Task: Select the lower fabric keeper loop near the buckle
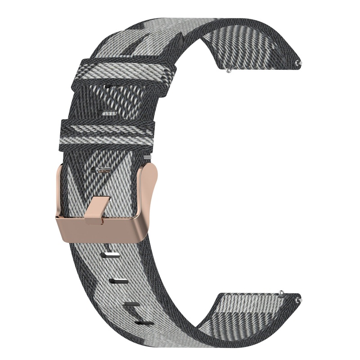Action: pyautogui.click(x=108, y=131)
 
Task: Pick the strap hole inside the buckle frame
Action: pyautogui.click(x=105, y=170)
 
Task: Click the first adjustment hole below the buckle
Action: pyautogui.click(x=111, y=256)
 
